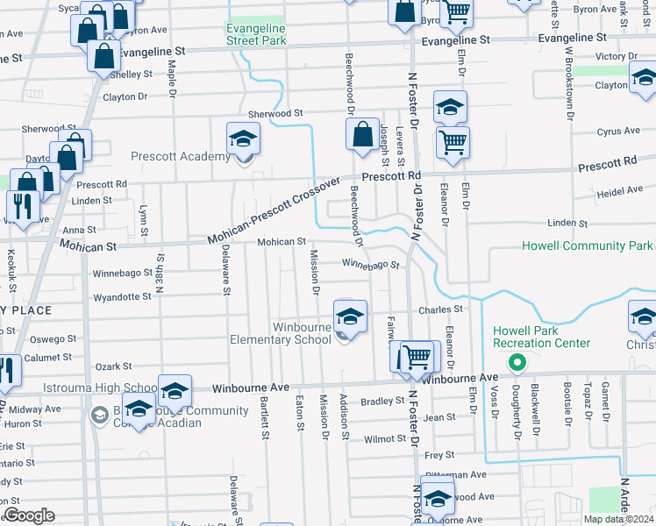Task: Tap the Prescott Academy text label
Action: (180, 157)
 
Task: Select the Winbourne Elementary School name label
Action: (280, 333)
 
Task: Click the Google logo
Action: (29, 515)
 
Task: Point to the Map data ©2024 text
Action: (619, 520)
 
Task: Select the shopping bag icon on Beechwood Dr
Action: (362, 136)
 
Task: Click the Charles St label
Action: (440, 309)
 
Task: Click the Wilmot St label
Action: (385, 438)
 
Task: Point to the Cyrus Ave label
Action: (618, 131)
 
